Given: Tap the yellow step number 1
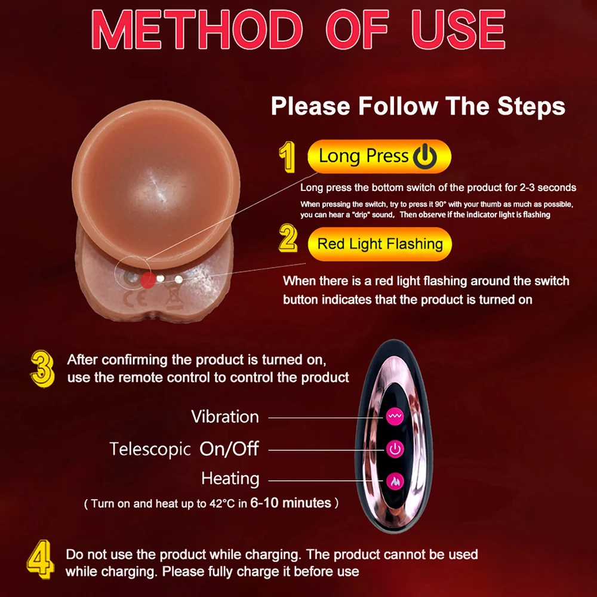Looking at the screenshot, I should tap(288, 157).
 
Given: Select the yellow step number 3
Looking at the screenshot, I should tap(42, 369).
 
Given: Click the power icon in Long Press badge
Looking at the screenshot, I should tap(425, 157).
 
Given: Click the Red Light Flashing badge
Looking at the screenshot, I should tap(380, 244).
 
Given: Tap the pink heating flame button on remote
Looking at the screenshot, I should tap(394, 479).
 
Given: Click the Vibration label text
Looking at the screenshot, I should tap(225, 417).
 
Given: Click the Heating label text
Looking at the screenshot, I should tap(230, 479).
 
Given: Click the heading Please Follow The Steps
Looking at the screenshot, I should tap(418, 106).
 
